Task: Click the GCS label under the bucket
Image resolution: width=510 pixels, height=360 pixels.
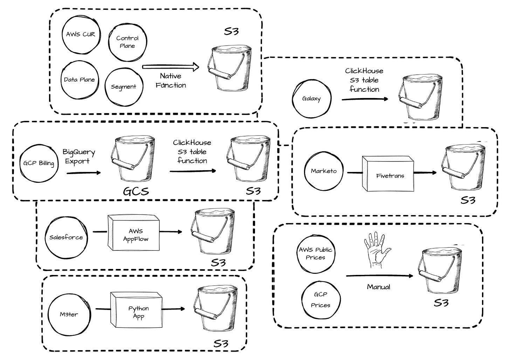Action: click(136, 191)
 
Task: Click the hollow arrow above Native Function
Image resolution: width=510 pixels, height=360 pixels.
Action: click(171, 67)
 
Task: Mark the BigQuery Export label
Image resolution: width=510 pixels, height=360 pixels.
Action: click(79, 156)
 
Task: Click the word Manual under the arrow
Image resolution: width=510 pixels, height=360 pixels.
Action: click(378, 287)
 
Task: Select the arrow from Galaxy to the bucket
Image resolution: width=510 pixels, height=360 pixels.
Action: click(365, 99)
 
